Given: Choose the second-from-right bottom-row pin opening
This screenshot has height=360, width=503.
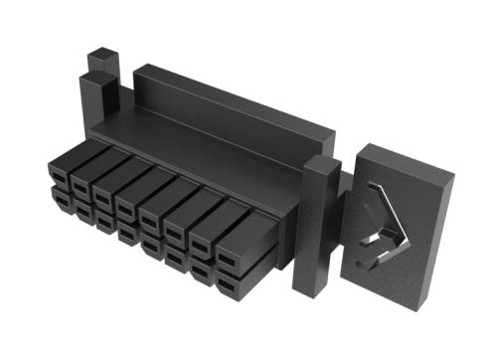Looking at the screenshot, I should tap(202, 272).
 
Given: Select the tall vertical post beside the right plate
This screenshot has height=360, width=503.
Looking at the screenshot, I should tap(316, 234).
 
